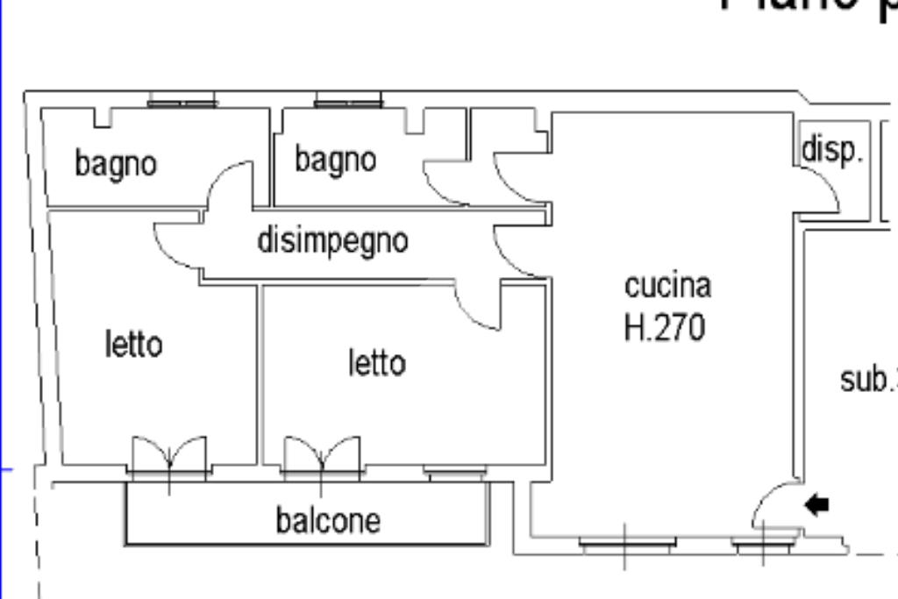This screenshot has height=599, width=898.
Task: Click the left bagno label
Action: point(116,163)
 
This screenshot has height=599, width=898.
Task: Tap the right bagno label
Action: point(335,160)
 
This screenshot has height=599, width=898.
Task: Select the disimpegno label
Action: point(332,239)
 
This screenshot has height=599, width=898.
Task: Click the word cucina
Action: point(667,285)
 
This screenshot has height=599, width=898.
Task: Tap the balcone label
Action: point(328,520)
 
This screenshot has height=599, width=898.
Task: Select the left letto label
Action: point(133,343)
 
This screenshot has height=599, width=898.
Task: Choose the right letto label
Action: point(377,362)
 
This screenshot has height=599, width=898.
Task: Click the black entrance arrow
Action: point(816,504)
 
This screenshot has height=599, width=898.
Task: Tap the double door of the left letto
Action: point(169,457)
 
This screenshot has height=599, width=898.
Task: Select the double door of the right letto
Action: point(322,457)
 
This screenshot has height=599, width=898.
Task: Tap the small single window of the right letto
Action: point(455,473)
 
